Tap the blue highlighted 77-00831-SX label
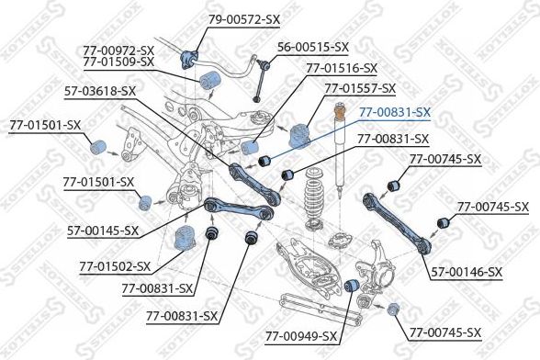(394, 112)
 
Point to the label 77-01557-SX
(360, 88)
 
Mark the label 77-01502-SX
(114, 266)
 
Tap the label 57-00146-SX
(467, 271)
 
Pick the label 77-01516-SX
(341, 68)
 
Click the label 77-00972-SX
(118, 50)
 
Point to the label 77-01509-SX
(118, 62)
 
